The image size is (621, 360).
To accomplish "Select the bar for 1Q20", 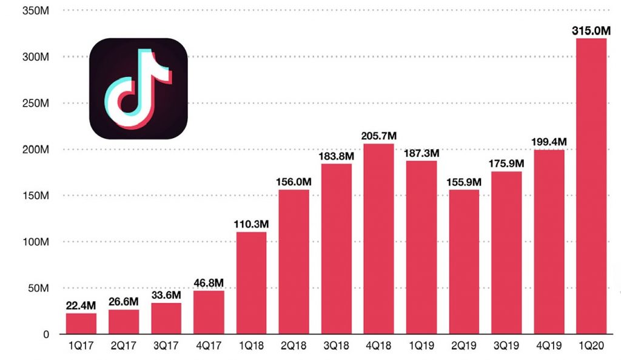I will coord(590,186).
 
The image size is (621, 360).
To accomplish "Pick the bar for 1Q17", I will coord(81,324).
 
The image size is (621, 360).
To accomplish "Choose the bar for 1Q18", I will coord(251,283).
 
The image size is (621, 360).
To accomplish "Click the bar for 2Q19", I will coord(463,262).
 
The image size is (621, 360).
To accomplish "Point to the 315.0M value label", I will coord(590,30).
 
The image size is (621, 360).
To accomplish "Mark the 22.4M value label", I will coord(81,305).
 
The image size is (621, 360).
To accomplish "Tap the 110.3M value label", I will coord(251,224).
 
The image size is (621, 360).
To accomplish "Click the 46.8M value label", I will coord(209,283).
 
